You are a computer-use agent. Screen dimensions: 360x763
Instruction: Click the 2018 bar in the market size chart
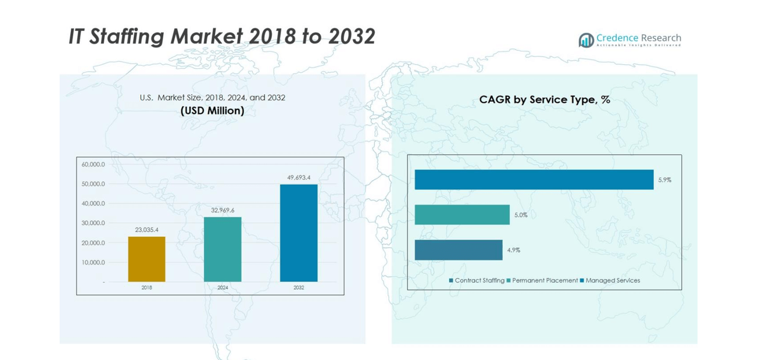click(146, 259)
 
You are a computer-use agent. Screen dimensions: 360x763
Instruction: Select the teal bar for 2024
click(222, 250)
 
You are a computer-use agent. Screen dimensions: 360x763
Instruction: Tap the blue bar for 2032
click(298, 233)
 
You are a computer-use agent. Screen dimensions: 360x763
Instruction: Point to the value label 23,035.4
click(147, 230)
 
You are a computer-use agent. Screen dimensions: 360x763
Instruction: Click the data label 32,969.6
click(223, 210)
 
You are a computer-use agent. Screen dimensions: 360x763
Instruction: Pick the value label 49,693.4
click(299, 177)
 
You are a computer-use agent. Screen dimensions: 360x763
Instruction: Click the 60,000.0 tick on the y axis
click(93, 164)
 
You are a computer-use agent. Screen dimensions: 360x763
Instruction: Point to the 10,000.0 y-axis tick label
click(93, 262)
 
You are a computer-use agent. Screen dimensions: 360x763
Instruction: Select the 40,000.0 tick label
click(93, 203)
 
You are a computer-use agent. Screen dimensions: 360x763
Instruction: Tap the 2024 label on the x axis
click(223, 288)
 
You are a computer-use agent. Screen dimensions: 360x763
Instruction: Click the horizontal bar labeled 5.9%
click(534, 179)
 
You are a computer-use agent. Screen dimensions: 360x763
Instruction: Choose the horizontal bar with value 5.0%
click(462, 214)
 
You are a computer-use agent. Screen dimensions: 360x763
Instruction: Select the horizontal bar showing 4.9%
click(458, 250)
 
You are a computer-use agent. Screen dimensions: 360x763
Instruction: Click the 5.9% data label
click(665, 180)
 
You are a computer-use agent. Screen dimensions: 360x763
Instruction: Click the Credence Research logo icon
click(586, 40)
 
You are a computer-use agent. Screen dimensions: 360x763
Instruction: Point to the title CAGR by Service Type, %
click(544, 100)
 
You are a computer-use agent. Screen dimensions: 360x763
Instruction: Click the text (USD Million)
click(212, 110)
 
